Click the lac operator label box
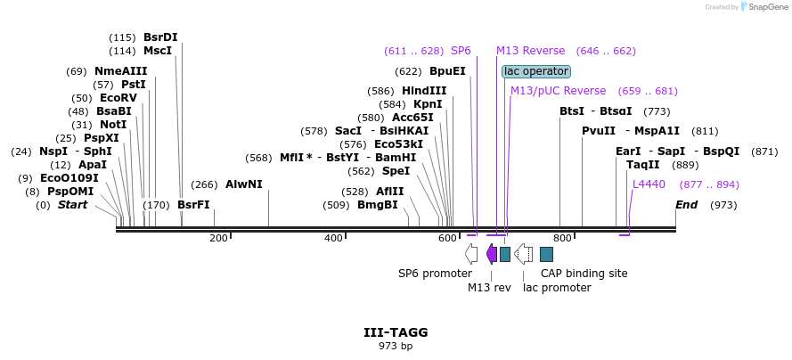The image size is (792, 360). coord(536,71)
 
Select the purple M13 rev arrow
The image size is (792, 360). coord(492,254)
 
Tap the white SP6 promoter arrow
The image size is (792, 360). coord(470,254)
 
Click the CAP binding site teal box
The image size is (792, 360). coord(546,254)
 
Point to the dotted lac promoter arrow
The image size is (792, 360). coord(523,254)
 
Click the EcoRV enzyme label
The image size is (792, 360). coord(118,97)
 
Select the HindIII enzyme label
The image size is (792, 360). coord(424,91)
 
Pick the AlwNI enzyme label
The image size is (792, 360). coord(244,184)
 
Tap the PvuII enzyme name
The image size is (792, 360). coord(599,131)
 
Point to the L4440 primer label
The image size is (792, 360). coord(649,184)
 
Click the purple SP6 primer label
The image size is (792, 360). coord(461,51)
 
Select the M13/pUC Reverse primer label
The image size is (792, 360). coord(558,91)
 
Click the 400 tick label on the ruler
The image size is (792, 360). coord(333,238)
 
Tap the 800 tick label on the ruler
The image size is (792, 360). coord(562,238)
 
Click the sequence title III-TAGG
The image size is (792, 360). coord(396,332)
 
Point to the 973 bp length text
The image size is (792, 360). coord(396,347)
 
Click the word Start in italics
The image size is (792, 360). coord(72,205)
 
